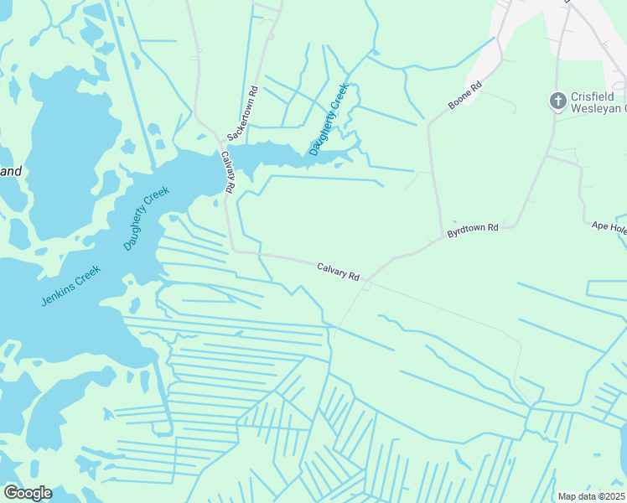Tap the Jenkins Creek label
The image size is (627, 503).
70,285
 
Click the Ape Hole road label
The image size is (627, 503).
609,226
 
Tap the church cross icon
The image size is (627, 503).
557,101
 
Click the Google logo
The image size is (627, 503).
27,493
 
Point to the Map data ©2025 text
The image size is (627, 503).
590,496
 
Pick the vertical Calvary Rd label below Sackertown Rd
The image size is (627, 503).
227,172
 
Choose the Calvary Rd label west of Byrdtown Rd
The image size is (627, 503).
338,272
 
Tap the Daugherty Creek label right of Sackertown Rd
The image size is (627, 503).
329,119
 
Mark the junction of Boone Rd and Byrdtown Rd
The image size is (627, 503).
442,238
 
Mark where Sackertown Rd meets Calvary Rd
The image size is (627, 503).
222,142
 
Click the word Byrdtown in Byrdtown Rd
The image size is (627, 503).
467,230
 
